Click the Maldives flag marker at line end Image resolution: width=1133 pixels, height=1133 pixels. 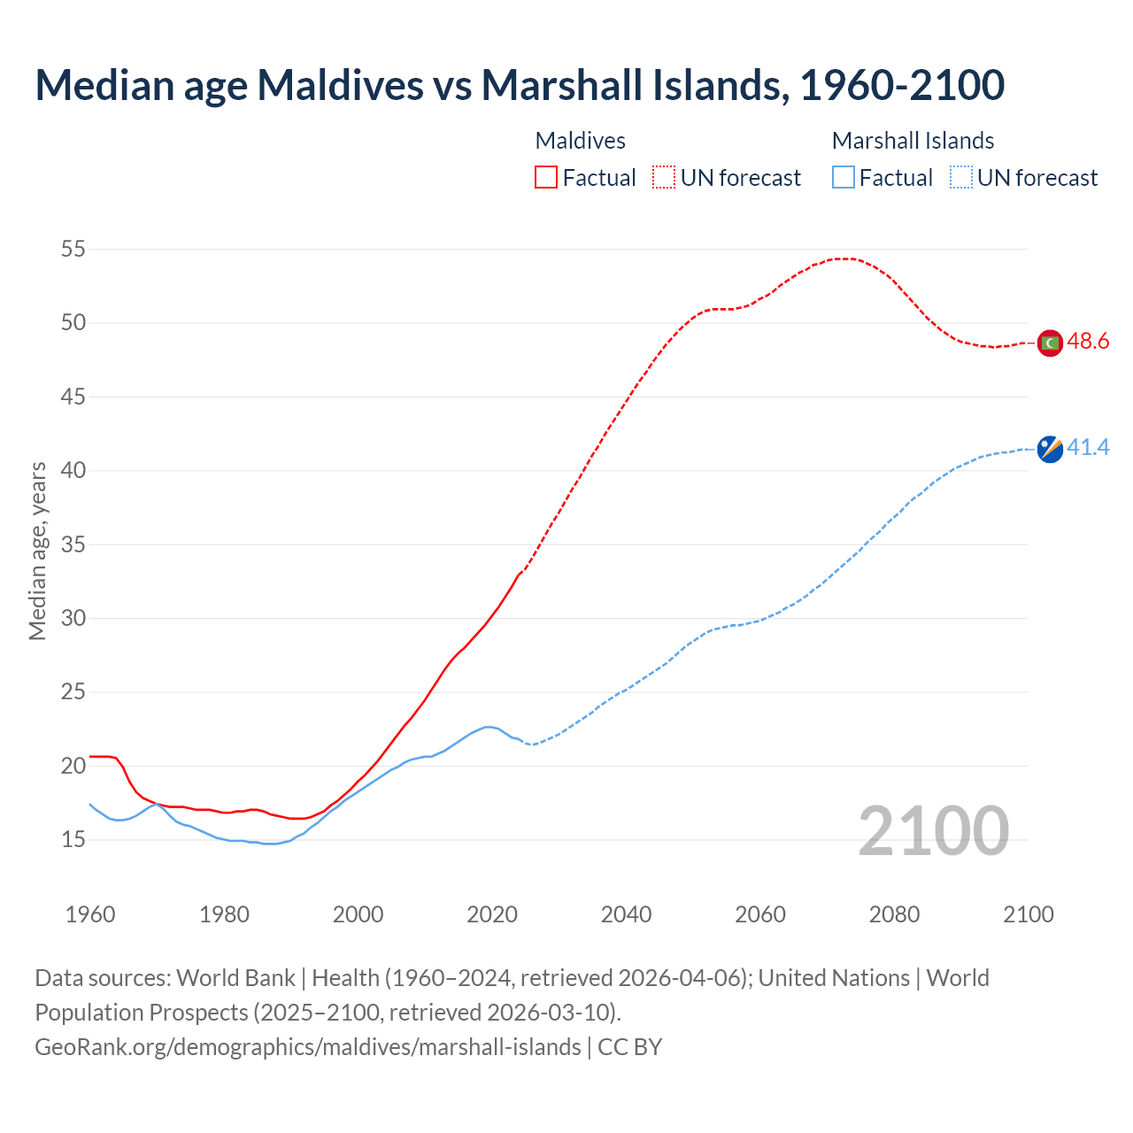tap(1050, 343)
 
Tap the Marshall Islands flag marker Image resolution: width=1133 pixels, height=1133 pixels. tap(1050, 449)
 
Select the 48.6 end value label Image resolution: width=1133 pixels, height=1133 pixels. tap(1088, 342)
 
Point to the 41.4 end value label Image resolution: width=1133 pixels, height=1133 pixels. tap(1088, 448)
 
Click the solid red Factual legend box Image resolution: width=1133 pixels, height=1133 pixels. tap(546, 178)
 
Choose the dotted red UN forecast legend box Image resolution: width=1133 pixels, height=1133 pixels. tap(664, 178)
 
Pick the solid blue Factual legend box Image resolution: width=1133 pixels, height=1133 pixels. tap(843, 178)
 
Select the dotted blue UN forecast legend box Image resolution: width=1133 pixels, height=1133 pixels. tap(960, 178)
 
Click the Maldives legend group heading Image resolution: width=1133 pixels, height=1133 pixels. tap(581, 141)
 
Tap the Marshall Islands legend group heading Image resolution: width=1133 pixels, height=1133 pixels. tap(913, 141)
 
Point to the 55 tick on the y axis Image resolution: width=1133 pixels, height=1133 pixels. tap(73, 250)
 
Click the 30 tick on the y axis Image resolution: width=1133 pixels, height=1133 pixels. tap(73, 618)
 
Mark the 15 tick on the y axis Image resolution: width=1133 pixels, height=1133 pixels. tap(73, 839)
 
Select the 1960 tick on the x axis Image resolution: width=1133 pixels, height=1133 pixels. tap(90, 914)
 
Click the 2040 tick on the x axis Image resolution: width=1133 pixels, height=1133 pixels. tap(626, 914)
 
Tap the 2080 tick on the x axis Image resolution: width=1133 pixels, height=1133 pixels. tap(894, 914)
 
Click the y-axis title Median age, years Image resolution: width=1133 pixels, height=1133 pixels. tap(37, 551)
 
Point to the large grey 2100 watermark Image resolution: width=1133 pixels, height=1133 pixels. tap(933, 830)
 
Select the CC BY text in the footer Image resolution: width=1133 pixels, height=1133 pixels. tap(630, 1047)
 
